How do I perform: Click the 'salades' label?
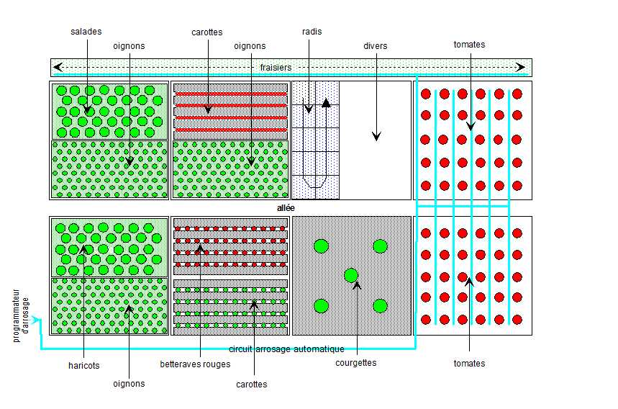click(86, 32)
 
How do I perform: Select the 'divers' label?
click(375, 46)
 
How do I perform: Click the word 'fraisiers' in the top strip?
click(276, 68)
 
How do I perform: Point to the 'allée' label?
click(286, 208)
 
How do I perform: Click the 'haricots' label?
click(83, 366)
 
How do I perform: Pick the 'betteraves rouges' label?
click(195, 364)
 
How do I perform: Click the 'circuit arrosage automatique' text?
click(286, 349)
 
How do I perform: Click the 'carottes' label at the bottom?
click(251, 385)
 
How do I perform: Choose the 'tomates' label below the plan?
click(469, 364)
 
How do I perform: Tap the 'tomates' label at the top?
click(469, 45)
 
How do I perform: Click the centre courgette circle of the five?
click(351, 275)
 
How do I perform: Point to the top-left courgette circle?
click(321, 246)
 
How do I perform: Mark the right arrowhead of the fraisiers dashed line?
click(523, 68)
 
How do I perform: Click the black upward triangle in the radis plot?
click(326, 103)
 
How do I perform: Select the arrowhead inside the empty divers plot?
click(376, 137)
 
